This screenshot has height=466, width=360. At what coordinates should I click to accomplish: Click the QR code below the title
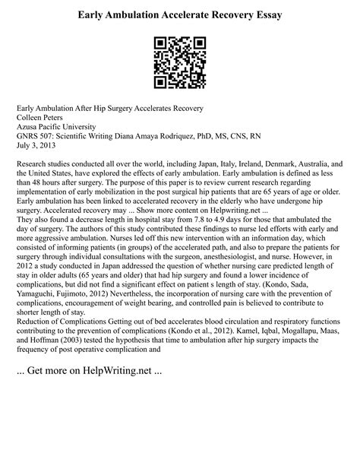pos(180,60)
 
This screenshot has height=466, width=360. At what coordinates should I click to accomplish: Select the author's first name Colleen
pos(31,119)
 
